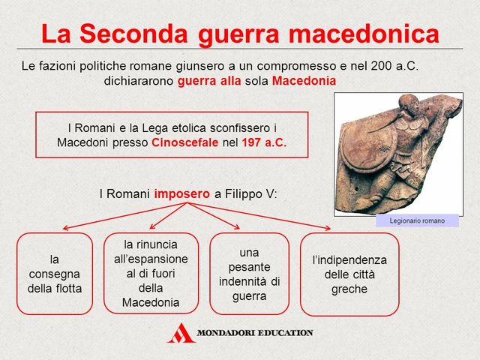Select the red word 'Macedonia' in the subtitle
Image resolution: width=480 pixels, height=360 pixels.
pos(304,80)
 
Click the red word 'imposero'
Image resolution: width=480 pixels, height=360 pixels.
pos(182,193)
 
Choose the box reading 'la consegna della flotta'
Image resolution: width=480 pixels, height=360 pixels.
pos(55,273)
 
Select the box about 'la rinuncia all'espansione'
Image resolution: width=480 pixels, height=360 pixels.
pos(151,273)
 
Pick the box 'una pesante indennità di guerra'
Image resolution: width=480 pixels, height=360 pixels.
pos(249,273)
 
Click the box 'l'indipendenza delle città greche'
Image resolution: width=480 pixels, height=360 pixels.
pos(349,274)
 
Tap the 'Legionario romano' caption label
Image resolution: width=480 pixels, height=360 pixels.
pos(417,220)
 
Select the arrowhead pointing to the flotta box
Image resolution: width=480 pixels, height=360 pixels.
pos(65,228)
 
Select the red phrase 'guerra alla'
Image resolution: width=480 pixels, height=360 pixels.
pos(209,80)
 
